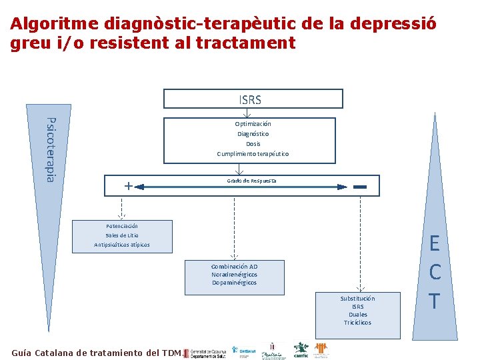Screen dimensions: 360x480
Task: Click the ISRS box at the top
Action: (x=253, y=99)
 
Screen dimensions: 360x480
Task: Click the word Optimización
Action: (x=253, y=124)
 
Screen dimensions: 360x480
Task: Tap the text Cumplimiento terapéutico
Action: (x=253, y=154)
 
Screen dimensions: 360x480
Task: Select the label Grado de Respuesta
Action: (x=251, y=181)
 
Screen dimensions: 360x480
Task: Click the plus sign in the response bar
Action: (x=127, y=186)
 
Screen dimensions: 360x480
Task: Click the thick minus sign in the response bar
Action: (x=361, y=187)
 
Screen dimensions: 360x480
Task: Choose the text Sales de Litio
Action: (x=122, y=235)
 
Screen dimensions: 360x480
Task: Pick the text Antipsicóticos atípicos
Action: (x=122, y=245)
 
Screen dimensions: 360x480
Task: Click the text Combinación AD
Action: (x=234, y=267)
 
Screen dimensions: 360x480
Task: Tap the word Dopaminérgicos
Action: (x=234, y=283)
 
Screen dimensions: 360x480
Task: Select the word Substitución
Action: (x=357, y=299)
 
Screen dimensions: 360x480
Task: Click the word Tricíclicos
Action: (x=357, y=323)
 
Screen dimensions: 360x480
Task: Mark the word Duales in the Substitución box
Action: (x=357, y=315)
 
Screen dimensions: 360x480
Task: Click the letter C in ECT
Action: (x=435, y=272)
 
